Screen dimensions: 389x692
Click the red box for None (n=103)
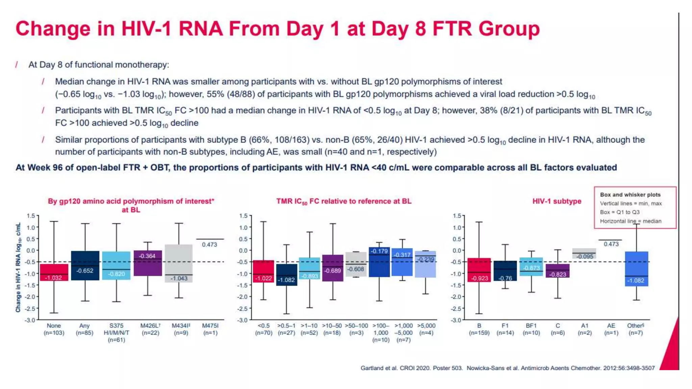(54, 272)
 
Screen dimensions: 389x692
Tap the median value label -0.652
(84, 271)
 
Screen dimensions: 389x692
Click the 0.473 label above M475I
(209, 244)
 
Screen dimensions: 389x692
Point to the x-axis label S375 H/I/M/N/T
(116, 333)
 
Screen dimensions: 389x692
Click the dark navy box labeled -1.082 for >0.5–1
(287, 275)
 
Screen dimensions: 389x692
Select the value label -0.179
(379, 251)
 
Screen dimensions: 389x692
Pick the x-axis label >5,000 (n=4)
(426, 329)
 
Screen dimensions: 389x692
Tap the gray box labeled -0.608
(356, 264)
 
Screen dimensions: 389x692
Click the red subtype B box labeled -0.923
(479, 270)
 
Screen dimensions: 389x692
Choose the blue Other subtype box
(636, 269)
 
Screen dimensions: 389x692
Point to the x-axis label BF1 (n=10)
(531, 329)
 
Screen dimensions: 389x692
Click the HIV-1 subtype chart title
(557, 201)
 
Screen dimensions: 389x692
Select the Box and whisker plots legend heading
(630, 195)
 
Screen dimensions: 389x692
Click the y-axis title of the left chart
(18, 267)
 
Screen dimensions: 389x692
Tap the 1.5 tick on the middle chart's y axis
(243, 216)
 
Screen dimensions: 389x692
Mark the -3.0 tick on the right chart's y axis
(457, 320)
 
